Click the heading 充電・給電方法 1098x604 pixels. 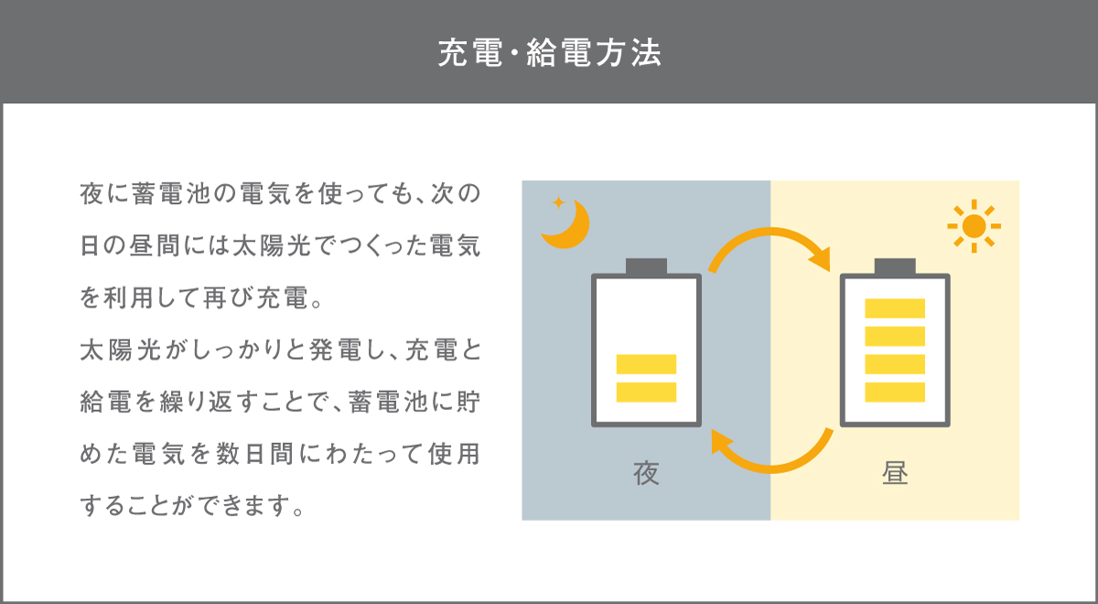(x=549, y=53)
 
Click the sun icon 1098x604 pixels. (x=974, y=225)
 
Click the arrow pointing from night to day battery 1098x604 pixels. (x=771, y=247)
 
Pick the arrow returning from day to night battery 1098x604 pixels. (x=771, y=454)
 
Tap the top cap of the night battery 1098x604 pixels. (x=646, y=266)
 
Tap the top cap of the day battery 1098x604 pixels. (x=895, y=266)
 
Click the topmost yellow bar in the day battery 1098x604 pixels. (x=895, y=308)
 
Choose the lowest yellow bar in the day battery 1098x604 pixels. (x=895, y=392)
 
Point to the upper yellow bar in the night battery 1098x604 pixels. (x=646, y=363)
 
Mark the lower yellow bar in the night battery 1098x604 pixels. (x=646, y=392)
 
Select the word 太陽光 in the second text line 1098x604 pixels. (x=253, y=247)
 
